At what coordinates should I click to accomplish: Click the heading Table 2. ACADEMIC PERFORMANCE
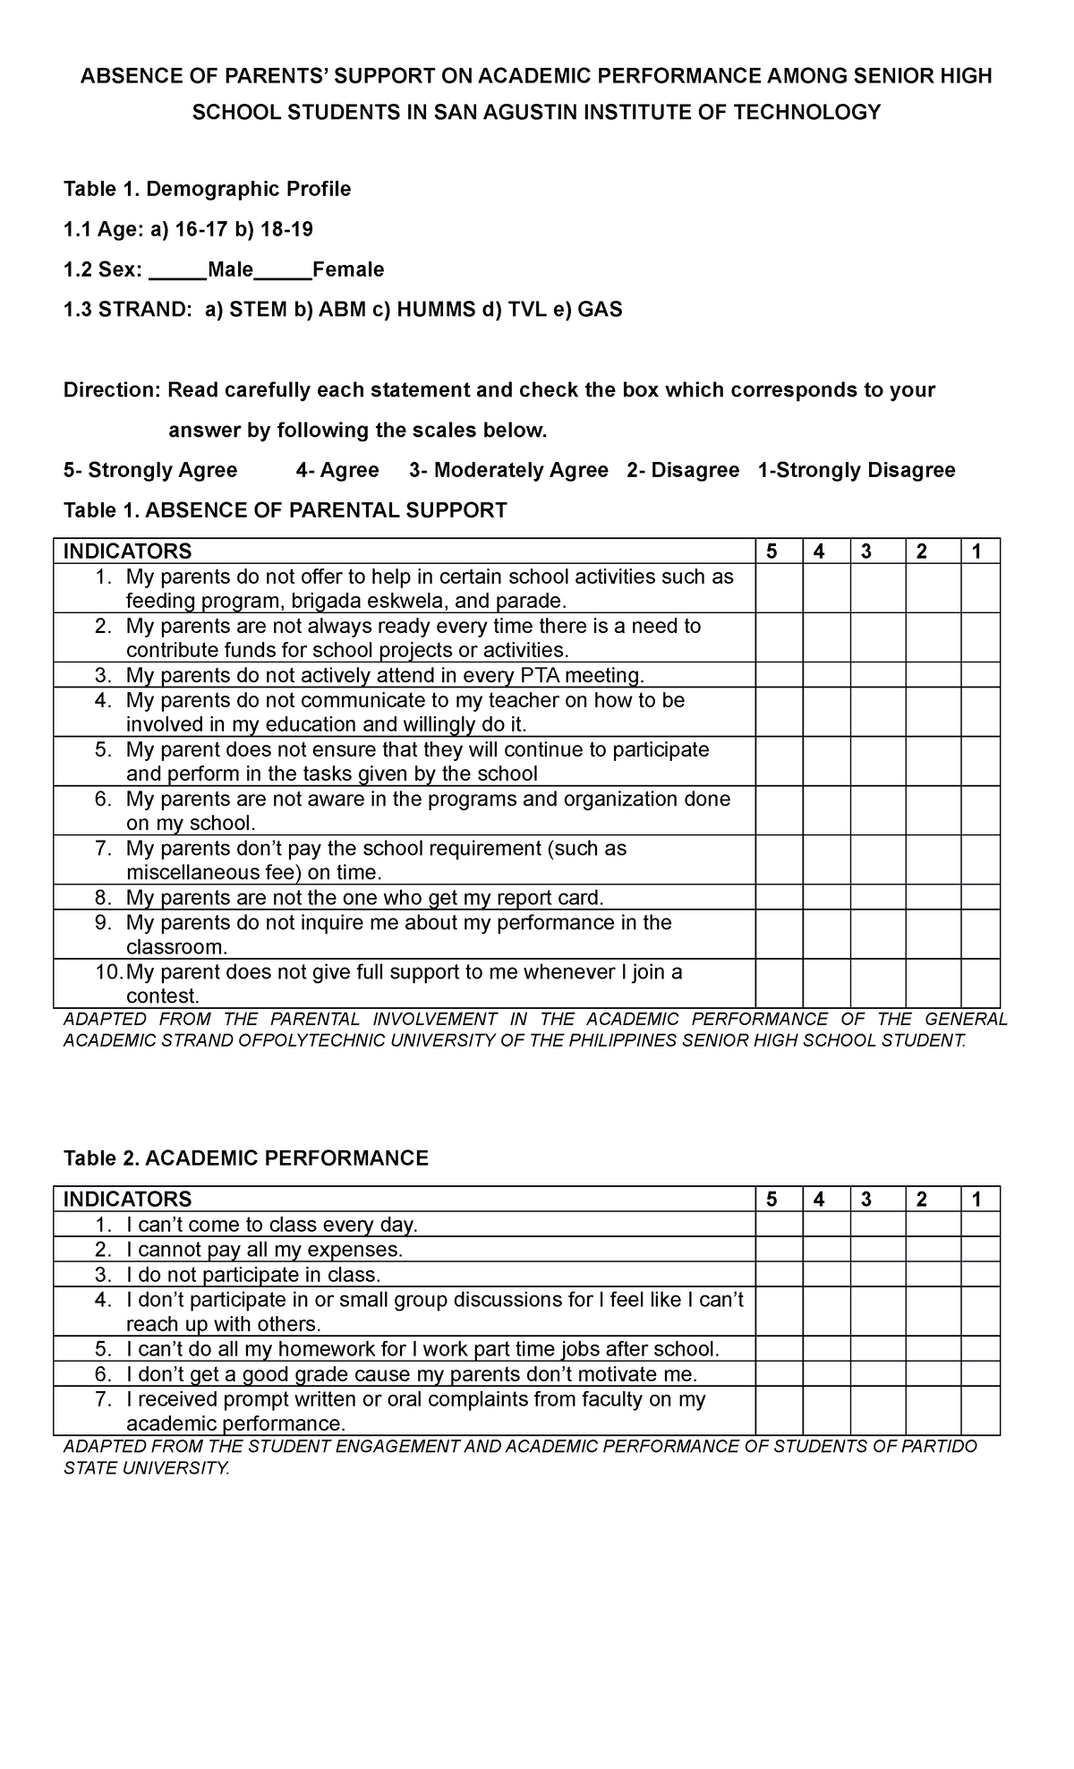point(246,1158)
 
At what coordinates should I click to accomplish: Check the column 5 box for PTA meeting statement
point(779,675)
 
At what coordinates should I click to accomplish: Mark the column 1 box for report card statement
point(980,897)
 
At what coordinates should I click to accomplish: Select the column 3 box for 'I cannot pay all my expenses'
point(877,1249)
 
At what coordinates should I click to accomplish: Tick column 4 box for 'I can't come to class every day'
point(826,1224)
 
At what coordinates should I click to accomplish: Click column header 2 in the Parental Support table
point(922,551)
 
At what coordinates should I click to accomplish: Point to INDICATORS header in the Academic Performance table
point(127,1200)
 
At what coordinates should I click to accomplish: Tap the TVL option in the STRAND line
point(522,310)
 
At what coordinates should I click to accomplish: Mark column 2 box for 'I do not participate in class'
point(933,1274)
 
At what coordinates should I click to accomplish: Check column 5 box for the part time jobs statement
point(779,1349)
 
